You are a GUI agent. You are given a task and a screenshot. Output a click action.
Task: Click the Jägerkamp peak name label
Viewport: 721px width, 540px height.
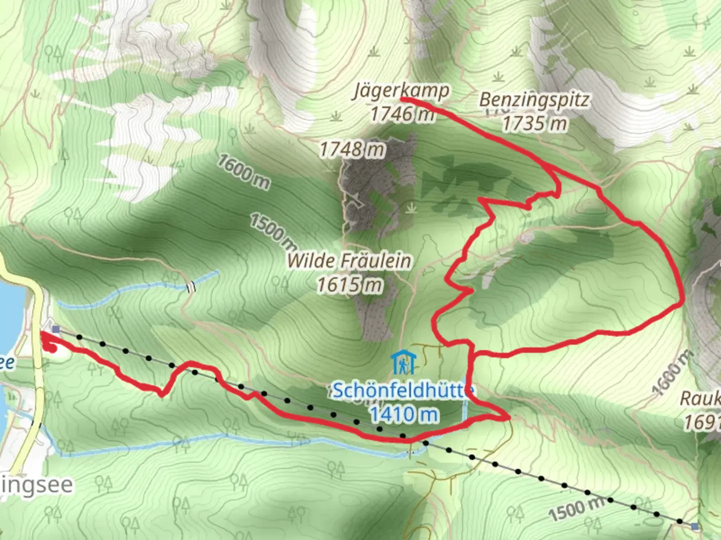pyautogui.click(x=401, y=91)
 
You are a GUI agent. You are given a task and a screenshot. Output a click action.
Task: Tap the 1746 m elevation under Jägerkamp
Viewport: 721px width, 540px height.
pyautogui.click(x=402, y=114)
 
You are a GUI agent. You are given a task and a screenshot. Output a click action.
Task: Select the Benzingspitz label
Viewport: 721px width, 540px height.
pyautogui.click(x=534, y=100)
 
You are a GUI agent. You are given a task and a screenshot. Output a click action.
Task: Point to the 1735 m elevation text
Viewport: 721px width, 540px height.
pyautogui.click(x=534, y=123)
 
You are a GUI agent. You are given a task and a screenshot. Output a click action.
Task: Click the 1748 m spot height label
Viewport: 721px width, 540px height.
pyautogui.click(x=352, y=149)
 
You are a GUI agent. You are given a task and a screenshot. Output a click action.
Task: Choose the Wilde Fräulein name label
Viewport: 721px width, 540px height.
pyautogui.click(x=349, y=260)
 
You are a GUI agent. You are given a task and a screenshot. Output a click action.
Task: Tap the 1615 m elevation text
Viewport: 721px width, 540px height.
pyautogui.click(x=349, y=284)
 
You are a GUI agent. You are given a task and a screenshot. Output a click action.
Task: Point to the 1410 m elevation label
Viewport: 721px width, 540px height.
pyautogui.click(x=404, y=414)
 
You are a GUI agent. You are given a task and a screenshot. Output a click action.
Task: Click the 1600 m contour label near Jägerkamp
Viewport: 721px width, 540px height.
pyautogui.click(x=243, y=172)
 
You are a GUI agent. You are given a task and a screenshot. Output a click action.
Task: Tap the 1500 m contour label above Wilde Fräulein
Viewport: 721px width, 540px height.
pyautogui.click(x=273, y=230)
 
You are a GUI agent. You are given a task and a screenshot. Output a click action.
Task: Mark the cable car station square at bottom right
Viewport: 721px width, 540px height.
pyautogui.click(x=694, y=526)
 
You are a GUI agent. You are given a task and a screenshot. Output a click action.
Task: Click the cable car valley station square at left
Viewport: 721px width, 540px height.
pyautogui.click(x=55, y=329)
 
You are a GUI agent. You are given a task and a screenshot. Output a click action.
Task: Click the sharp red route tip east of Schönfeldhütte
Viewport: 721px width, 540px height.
pyautogui.click(x=509, y=416)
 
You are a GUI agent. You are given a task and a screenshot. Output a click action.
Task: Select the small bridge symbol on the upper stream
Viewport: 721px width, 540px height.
pyautogui.click(x=190, y=287)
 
